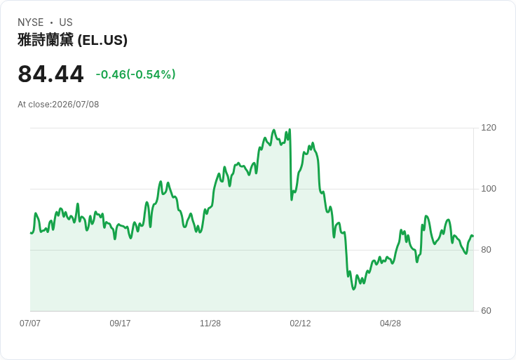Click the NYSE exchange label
click(31, 22)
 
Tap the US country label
click(66, 22)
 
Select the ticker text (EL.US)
click(102, 40)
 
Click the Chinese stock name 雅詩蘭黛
click(46, 40)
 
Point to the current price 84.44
click(50, 74)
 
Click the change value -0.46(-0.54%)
click(135, 74)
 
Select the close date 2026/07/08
click(75, 105)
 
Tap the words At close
click(34, 105)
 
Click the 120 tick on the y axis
click(489, 128)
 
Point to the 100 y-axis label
click(489, 189)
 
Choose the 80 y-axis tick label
click(486, 250)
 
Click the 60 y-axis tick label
click(486, 311)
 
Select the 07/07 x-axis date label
click(30, 324)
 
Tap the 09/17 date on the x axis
click(120, 324)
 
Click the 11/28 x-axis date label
click(210, 324)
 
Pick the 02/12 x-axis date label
click(300, 324)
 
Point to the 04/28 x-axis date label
click(391, 324)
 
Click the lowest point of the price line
click(354, 289)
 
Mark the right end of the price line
click(473, 236)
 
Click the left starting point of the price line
click(31, 233)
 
